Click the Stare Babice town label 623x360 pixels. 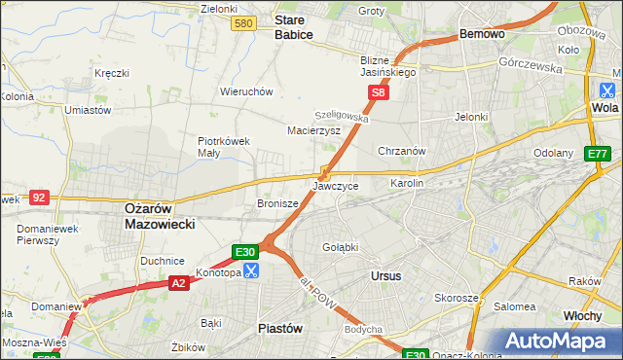pos(293,26)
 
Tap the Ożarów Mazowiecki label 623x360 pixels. pos(160,215)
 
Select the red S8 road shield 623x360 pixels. pos(379,92)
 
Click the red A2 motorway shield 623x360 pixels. pos(178,283)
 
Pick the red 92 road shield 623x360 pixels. pos(39,197)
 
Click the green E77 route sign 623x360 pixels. pos(597,154)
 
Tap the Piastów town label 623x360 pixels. pos(278,328)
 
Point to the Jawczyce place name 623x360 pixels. pos(336,185)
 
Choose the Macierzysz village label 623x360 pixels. pos(313,129)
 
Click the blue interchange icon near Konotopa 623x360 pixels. pos(251,270)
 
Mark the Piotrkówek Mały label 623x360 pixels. pos(224,146)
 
